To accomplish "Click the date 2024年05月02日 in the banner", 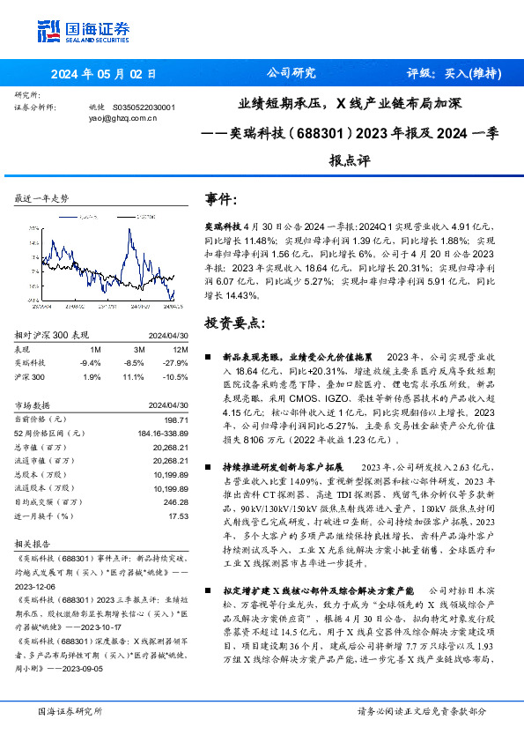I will coord(103,74).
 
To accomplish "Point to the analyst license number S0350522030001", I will coord(144,107).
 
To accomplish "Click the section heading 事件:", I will coord(220,200).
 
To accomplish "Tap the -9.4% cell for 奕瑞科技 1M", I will coord(90,362).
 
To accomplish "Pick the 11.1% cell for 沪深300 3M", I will coord(133,375).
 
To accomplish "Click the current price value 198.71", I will coord(176,419).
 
